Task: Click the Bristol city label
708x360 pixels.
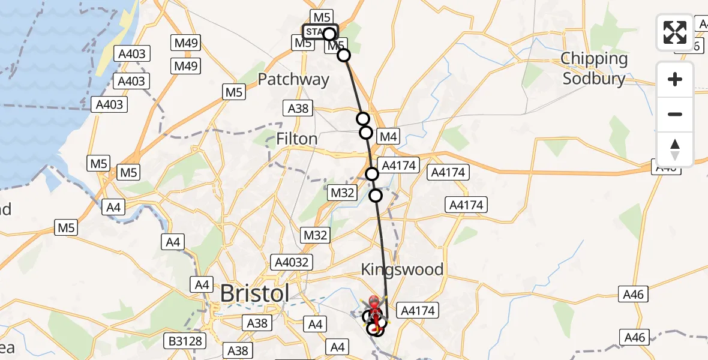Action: (255, 294)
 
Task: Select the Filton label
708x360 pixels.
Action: (296, 139)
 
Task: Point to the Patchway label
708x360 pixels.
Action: (293, 79)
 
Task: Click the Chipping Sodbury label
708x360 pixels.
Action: (594, 68)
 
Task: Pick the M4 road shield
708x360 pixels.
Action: (388, 137)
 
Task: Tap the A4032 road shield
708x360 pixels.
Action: (291, 262)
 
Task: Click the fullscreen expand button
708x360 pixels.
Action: (675, 32)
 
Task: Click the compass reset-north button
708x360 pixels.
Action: (675, 149)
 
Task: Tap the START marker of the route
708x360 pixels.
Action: (320, 32)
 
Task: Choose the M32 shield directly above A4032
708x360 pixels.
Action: (316, 235)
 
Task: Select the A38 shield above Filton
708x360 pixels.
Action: (298, 108)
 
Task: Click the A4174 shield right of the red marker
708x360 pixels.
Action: (418, 311)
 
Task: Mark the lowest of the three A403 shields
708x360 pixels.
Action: (109, 105)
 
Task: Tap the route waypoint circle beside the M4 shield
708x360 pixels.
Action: (365, 133)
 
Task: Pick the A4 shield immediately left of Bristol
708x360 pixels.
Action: (200, 284)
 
